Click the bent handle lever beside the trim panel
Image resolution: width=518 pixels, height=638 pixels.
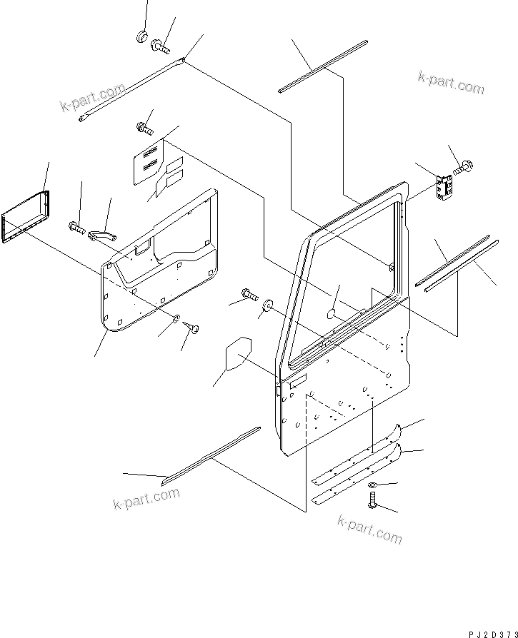click(x=103, y=233)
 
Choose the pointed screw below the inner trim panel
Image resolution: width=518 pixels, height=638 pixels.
click(x=191, y=327)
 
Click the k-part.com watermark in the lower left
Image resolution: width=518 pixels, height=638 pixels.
click(x=146, y=499)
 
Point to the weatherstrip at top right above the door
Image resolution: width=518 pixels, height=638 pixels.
click(x=324, y=66)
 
